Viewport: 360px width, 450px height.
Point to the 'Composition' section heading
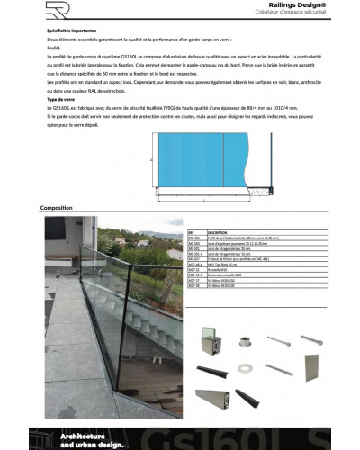click(56, 208)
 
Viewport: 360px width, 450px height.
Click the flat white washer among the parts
click(245, 368)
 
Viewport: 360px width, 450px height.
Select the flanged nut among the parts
click(245, 342)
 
